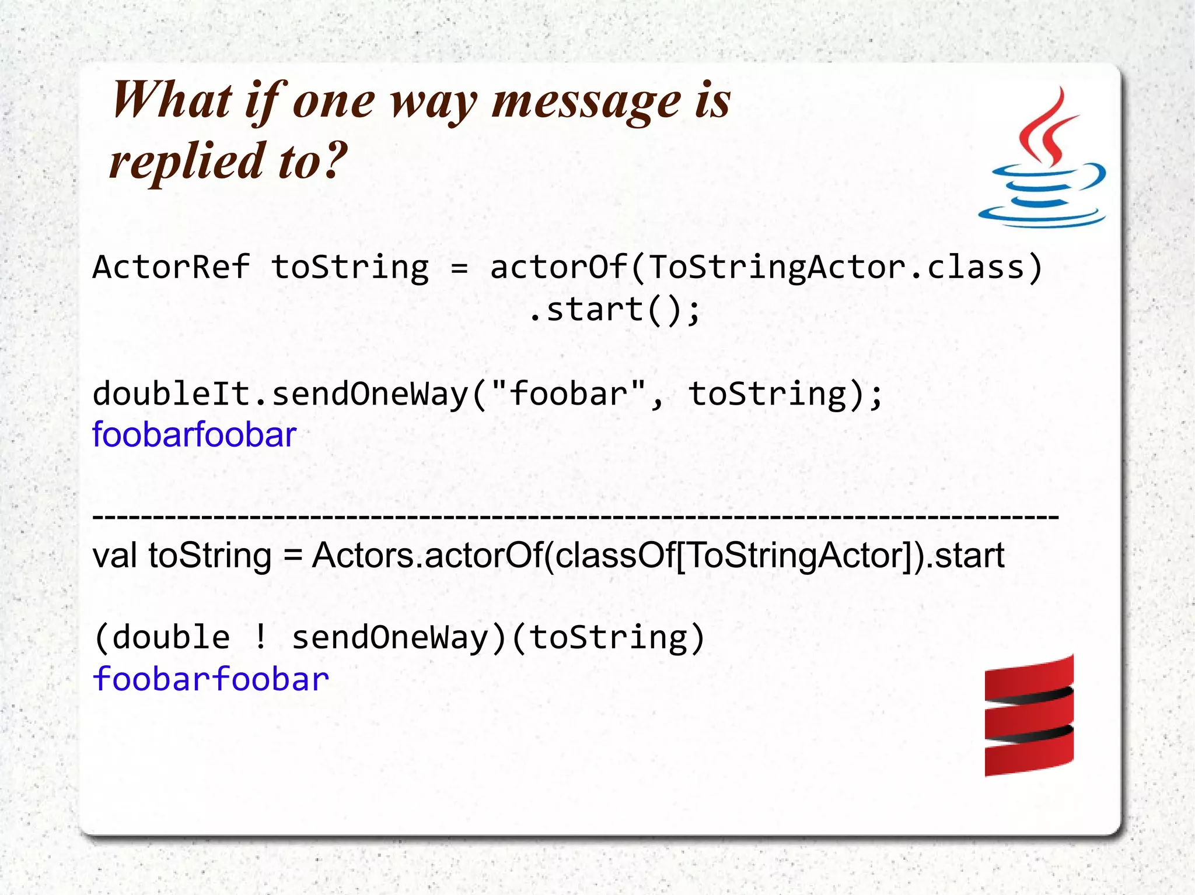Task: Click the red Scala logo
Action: [x=1029, y=716]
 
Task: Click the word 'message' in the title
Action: [x=586, y=100]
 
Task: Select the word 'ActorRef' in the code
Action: [x=171, y=268]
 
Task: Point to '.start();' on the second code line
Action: [x=614, y=309]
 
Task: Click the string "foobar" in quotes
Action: [x=568, y=394]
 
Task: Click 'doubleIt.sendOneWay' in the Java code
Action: [x=280, y=394]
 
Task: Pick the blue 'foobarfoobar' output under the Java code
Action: [x=194, y=435]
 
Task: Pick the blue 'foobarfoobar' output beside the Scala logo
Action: [x=211, y=679]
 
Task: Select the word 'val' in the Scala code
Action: [x=115, y=556]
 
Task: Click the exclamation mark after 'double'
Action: [x=261, y=637]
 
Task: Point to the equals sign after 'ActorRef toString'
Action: [x=459, y=268]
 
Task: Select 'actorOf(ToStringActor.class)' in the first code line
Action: [x=766, y=268]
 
